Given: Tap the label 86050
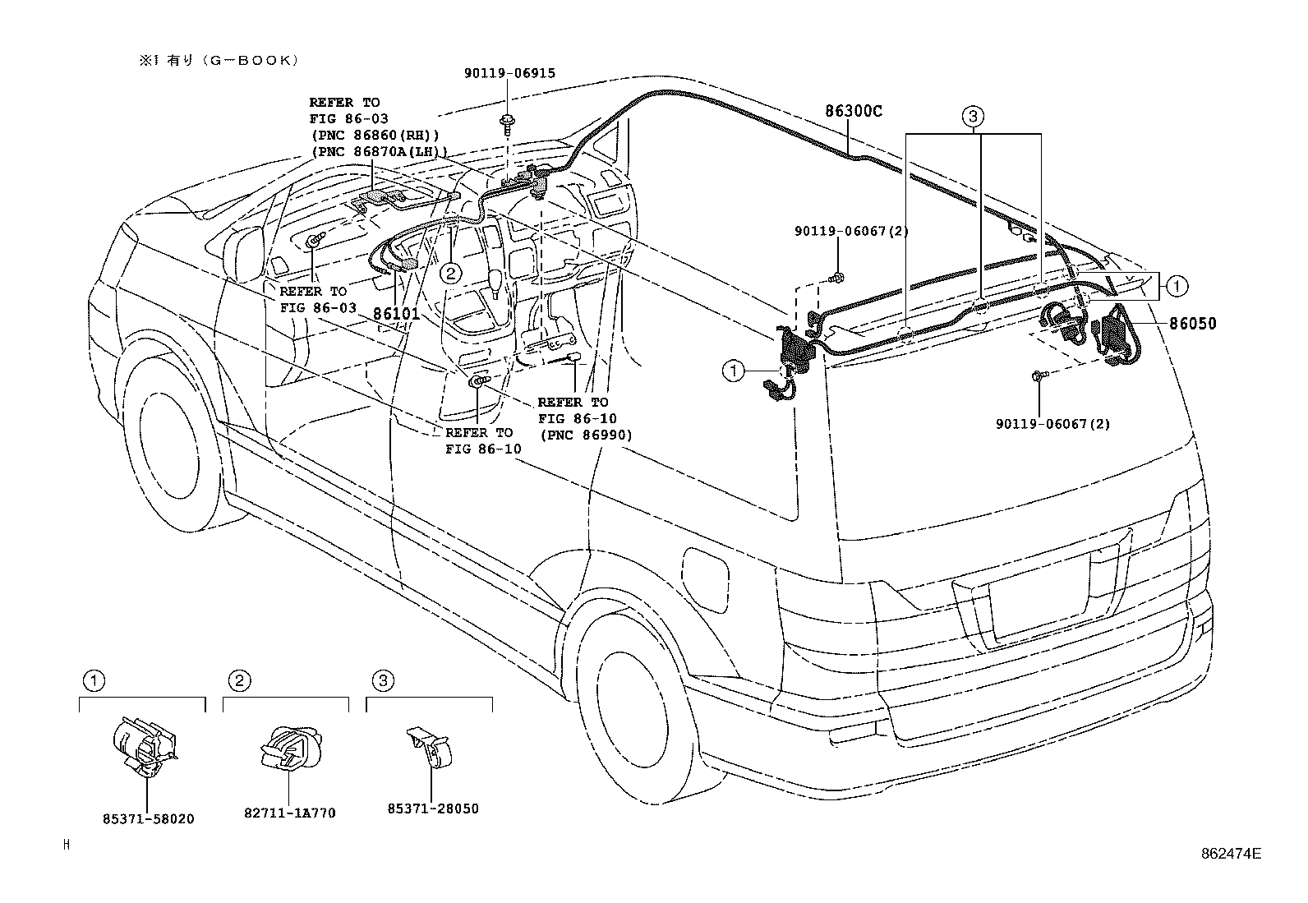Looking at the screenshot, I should (1193, 324).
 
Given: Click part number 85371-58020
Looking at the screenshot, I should (149, 819).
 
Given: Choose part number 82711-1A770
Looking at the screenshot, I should (290, 813).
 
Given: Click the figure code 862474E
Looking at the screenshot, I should (1230, 854).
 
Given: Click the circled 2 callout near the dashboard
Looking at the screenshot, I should (450, 272).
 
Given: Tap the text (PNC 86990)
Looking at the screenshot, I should (584, 435).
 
